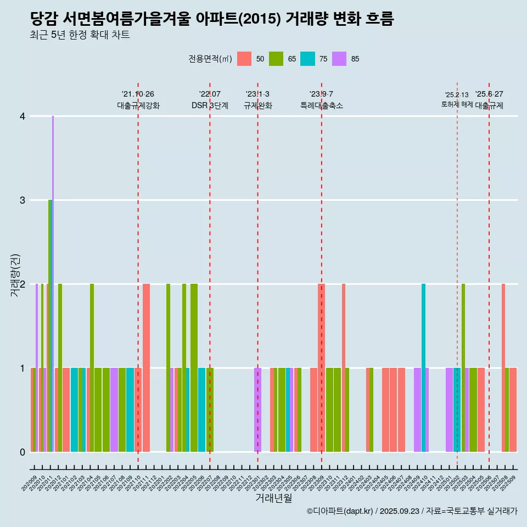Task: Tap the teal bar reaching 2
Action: [423, 368]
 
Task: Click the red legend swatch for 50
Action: [244, 59]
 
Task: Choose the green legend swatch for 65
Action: [276, 59]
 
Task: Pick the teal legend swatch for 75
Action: [307, 59]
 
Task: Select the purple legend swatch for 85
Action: [339, 59]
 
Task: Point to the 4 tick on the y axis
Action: [23, 116]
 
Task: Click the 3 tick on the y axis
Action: [23, 200]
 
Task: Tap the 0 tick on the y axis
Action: [23, 452]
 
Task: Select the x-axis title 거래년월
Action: [273, 498]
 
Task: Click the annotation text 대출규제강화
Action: [138, 105]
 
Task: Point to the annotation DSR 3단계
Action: [210, 105]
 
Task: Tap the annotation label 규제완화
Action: [257, 105]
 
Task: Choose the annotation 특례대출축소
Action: [322, 105]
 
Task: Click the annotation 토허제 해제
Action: [457, 104]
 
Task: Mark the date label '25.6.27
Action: [489, 94]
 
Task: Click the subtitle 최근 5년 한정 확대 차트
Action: [80, 36]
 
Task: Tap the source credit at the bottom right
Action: [412, 511]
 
